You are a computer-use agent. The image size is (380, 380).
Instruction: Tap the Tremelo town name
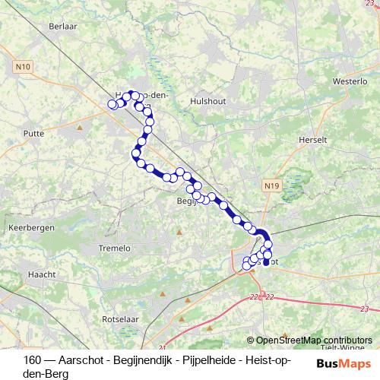point(116,248)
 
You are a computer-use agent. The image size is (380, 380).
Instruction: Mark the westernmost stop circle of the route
point(112,103)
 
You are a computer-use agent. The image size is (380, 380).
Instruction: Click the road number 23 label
point(364,309)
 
